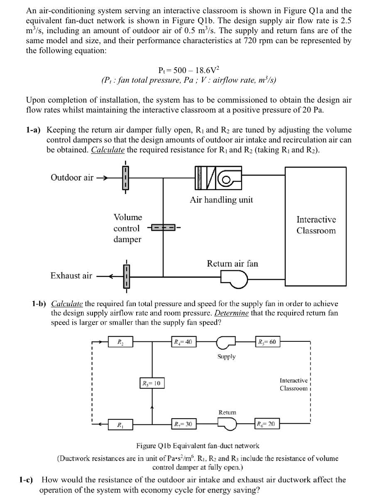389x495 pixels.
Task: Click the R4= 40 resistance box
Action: [x=183, y=342]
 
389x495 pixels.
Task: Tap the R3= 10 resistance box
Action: [x=151, y=382]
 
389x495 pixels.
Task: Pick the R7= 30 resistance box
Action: [x=183, y=424]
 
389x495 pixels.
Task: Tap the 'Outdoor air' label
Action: [x=72, y=178]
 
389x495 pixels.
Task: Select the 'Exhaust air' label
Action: [x=71, y=275]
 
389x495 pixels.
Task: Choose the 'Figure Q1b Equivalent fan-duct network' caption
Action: [x=198, y=446]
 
